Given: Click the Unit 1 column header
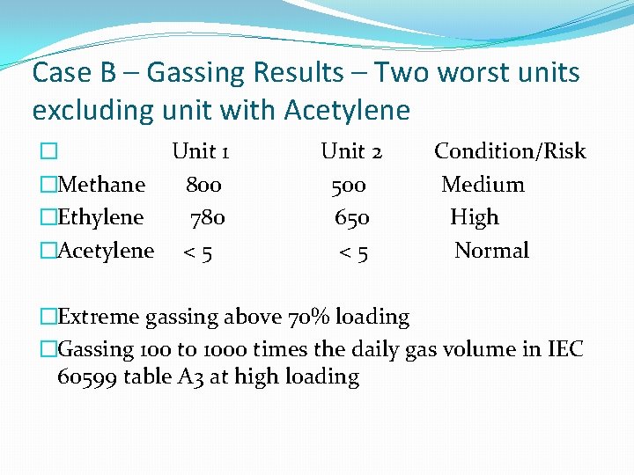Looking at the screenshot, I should point(201,151).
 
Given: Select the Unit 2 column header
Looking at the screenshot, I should point(351,151).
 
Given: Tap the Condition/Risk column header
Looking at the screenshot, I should point(510,151).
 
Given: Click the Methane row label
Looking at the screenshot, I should point(100,185).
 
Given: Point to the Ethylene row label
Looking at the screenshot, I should point(100,217).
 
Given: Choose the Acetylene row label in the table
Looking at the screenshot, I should point(105,251).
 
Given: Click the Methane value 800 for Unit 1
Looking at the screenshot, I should point(203,185).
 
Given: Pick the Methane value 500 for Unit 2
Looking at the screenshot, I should point(349,185).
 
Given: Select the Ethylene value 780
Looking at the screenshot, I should point(208,217).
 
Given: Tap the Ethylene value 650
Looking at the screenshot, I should point(352,217).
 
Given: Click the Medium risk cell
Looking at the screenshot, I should point(483,185).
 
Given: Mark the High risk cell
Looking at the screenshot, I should point(474,217).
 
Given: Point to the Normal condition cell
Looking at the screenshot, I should point(491,251).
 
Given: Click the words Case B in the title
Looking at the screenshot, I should point(73,72).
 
